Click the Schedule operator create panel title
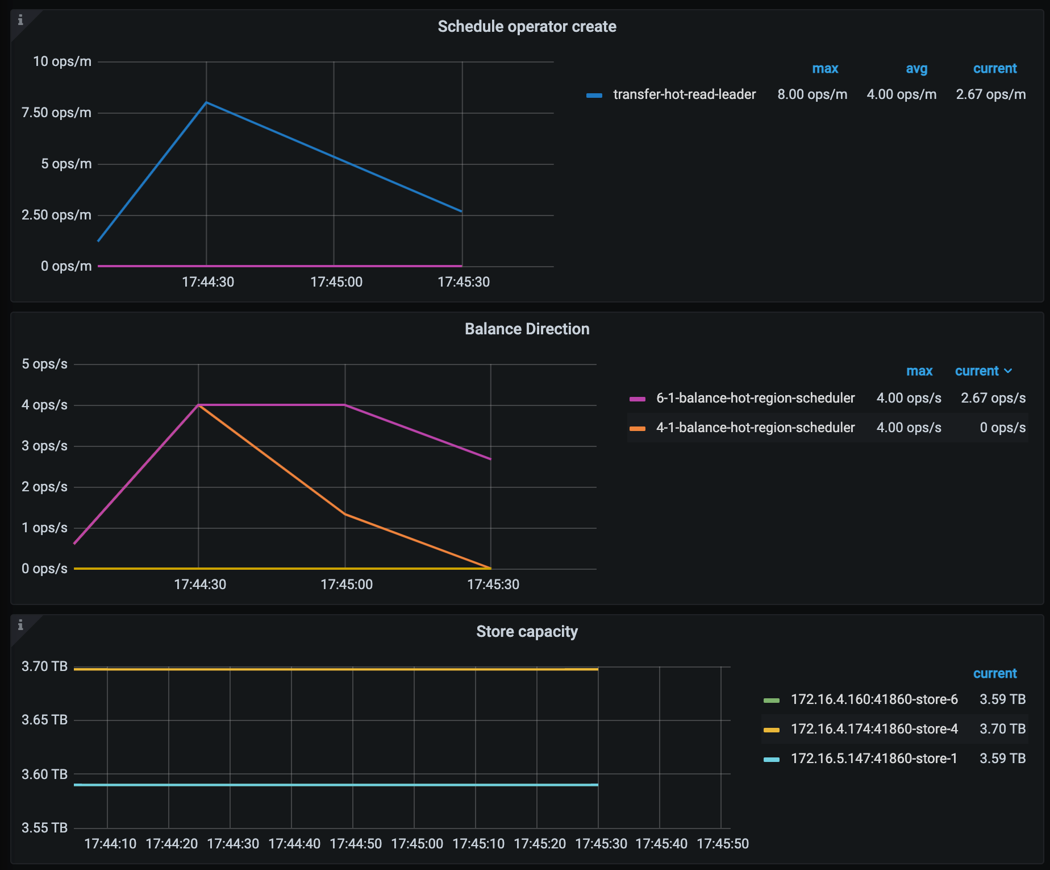[x=527, y=27]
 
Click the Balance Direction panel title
[x=527, y=329]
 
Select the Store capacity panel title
[x=527, y=632]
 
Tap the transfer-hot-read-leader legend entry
[x=684, y=94]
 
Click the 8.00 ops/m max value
[x=812, y=94]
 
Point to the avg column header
[x=916, y=69]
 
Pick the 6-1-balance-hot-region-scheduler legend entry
[x=755, y=398]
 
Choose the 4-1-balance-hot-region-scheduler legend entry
[x=755, y=428]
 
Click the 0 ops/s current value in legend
[x=1002, y=428]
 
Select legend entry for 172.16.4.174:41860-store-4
[x=874, y=729]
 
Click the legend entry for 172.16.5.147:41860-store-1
[x=874, y=759]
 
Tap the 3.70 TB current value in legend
[x=1002, y=729]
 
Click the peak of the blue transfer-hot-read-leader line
[x=206, y=102]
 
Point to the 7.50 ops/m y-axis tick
[x=56, y=113]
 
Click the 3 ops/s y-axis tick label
[x=44, y=446]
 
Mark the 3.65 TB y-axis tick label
[x=44, y=720]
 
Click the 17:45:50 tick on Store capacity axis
[x=722, y=844]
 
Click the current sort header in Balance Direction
[x=982, y=371]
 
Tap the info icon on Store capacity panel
[x=20, y=625]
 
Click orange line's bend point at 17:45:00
[x=345, y=515]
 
